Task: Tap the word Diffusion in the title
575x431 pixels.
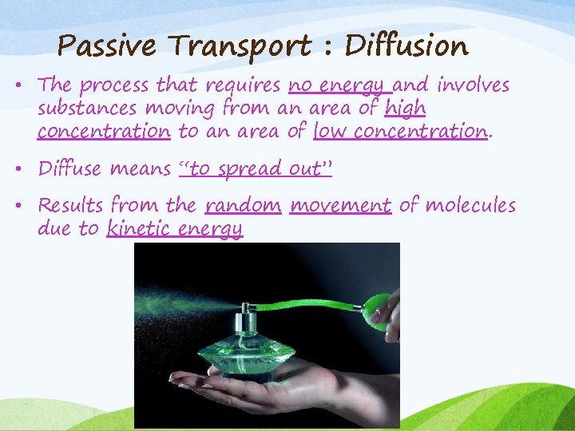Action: [x=406, y=46]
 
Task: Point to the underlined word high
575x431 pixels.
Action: [x=405, y=109]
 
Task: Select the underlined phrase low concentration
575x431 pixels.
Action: [x=400, y=131]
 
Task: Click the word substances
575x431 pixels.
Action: [x=86, y=109]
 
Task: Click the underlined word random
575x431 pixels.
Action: [x=243, y=206]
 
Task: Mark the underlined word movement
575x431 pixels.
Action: [x=340, y=206]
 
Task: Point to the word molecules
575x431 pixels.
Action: [x=470, y=206]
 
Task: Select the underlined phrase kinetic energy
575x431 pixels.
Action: [x=174, y=230]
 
